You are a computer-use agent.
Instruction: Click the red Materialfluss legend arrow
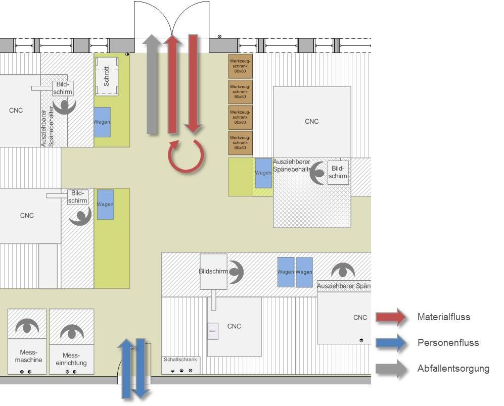pos(391,317)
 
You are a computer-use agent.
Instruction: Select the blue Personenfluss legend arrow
pos(391,343)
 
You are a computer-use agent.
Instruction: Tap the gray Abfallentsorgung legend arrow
pos(391,369)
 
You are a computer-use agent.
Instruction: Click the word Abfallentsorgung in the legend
pos(453,369)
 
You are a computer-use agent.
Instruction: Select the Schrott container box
pos(107,76)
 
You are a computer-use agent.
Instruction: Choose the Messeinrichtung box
pos(71,359)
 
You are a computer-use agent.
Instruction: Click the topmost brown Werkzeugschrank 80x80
pos(240,66)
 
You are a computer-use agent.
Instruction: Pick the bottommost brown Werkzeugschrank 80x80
pos(240,143)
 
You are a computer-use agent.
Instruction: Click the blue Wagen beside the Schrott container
pos(102,122)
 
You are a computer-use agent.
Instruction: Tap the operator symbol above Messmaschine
pos(27,327)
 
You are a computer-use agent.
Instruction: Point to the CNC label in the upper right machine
pos(312,121)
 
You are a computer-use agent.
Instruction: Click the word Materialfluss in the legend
pos(443,317)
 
